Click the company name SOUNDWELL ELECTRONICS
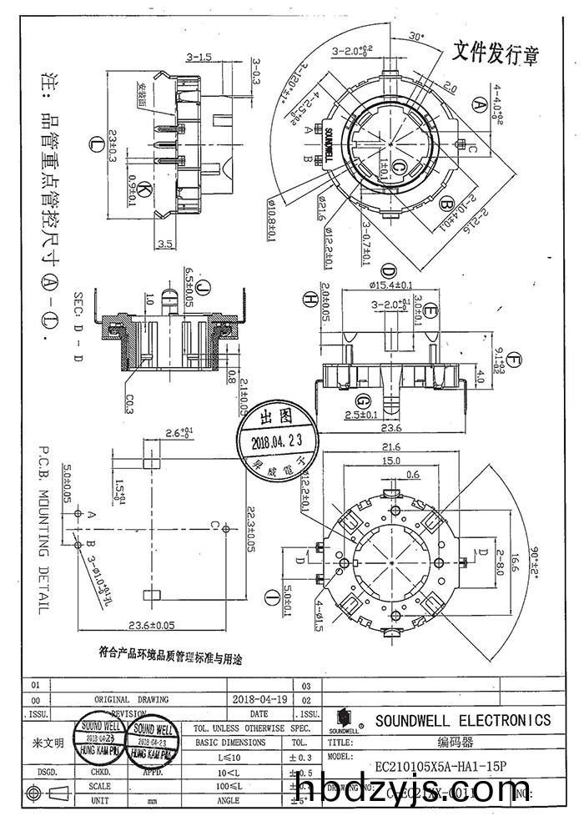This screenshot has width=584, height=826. pyautogui.click(x=462, y=720)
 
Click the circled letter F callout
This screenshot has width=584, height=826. pyautogui.click(x=514, y=359)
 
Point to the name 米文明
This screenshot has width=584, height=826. pyautogui.click(x=48, y=742)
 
